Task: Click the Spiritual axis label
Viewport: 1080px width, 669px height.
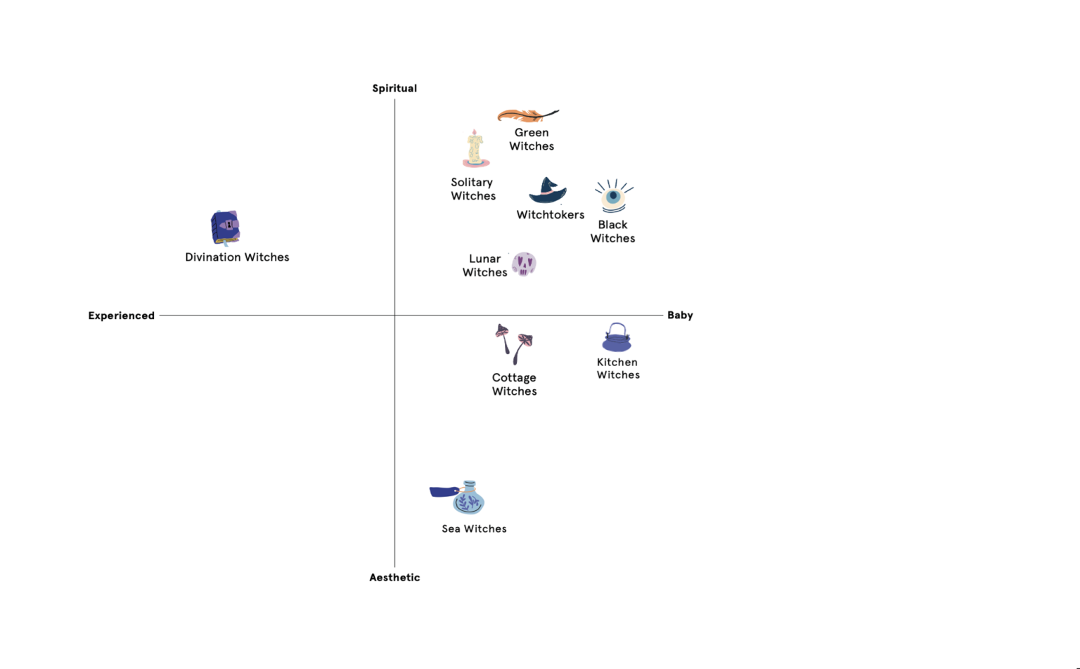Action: tap(394, 89)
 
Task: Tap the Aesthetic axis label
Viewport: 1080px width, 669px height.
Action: tap(394, 578)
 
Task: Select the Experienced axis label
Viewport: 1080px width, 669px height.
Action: tap(121, 316)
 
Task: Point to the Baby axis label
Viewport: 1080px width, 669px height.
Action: tap(680, 315)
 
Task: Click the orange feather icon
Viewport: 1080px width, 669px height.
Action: tap(527, 115)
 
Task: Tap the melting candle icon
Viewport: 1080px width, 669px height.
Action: tap(475, 149)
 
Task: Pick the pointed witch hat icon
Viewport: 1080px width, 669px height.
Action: tap(548, 190)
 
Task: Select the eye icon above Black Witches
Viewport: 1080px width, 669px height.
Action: tap(614, 197)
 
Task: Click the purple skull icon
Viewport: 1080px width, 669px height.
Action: tap(524, 264)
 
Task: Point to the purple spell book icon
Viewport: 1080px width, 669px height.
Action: tap(225, 228)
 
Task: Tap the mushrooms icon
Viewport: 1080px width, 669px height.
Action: tap(514, 344)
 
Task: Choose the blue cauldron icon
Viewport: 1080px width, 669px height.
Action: tap(617, 338)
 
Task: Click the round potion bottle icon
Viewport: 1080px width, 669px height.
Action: tap(468, 498)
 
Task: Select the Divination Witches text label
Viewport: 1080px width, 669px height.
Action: tap(237, 257)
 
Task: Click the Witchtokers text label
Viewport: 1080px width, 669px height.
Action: tap(551, 215)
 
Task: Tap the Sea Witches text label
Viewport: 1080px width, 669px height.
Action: tap(474, 529)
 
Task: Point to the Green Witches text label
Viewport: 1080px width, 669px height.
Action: tap(532, 139)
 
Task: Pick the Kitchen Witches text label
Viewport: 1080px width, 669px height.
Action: tap(618, 369)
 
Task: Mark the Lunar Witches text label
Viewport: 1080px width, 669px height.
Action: tap(485, 266)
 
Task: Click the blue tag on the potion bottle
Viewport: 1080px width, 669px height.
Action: tap(443, 491)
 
